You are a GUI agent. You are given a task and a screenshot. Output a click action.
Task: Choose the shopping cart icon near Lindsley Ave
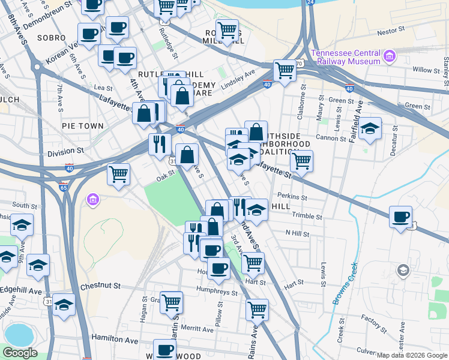(285, 70)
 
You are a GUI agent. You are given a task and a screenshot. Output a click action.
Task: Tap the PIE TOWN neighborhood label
(82, 126)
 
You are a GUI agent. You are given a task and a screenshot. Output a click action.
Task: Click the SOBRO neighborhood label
(47, 37)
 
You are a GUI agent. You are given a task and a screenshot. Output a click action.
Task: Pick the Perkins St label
(292, 197)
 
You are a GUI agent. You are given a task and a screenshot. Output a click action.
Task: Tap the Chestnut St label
(100, 286)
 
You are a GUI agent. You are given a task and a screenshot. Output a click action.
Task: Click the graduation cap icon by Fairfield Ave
(370, 129)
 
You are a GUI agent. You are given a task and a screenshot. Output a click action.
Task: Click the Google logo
(20, 352)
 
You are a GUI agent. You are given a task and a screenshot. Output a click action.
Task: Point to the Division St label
(66, 152)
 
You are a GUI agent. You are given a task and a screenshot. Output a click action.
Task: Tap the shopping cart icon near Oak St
(119, 175)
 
